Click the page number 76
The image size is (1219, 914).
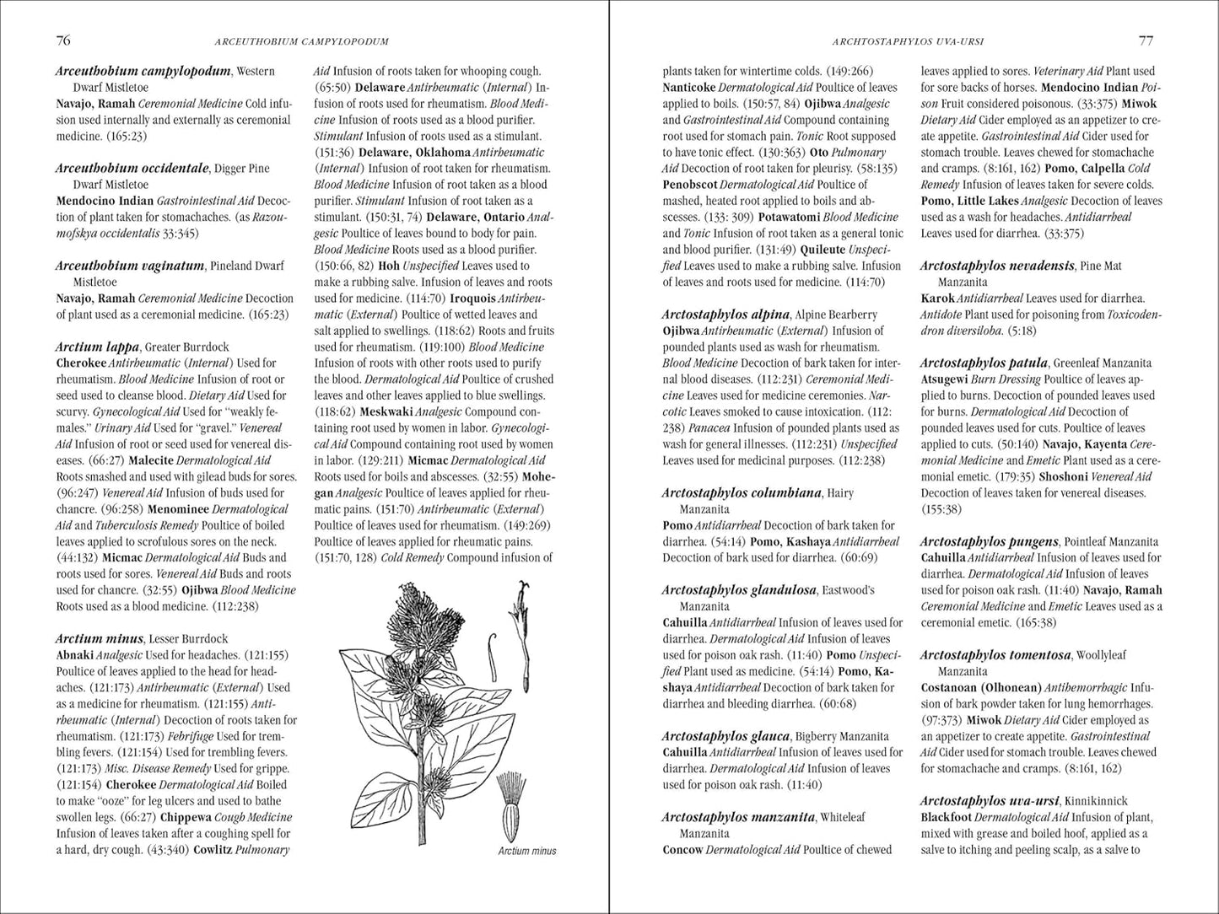click(62, 40)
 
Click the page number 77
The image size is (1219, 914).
click(1146, 40)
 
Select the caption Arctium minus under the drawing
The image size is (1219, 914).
click(526, 851)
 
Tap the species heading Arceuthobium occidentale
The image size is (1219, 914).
click(132, 168)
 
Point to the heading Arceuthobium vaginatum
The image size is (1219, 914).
click(130, 266)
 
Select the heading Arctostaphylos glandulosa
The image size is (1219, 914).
click(739, 590)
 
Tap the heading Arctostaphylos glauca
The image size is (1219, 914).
click(725, 736)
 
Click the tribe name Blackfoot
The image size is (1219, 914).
click(946, 817)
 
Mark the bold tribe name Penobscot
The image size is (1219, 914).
click(689, 185)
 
